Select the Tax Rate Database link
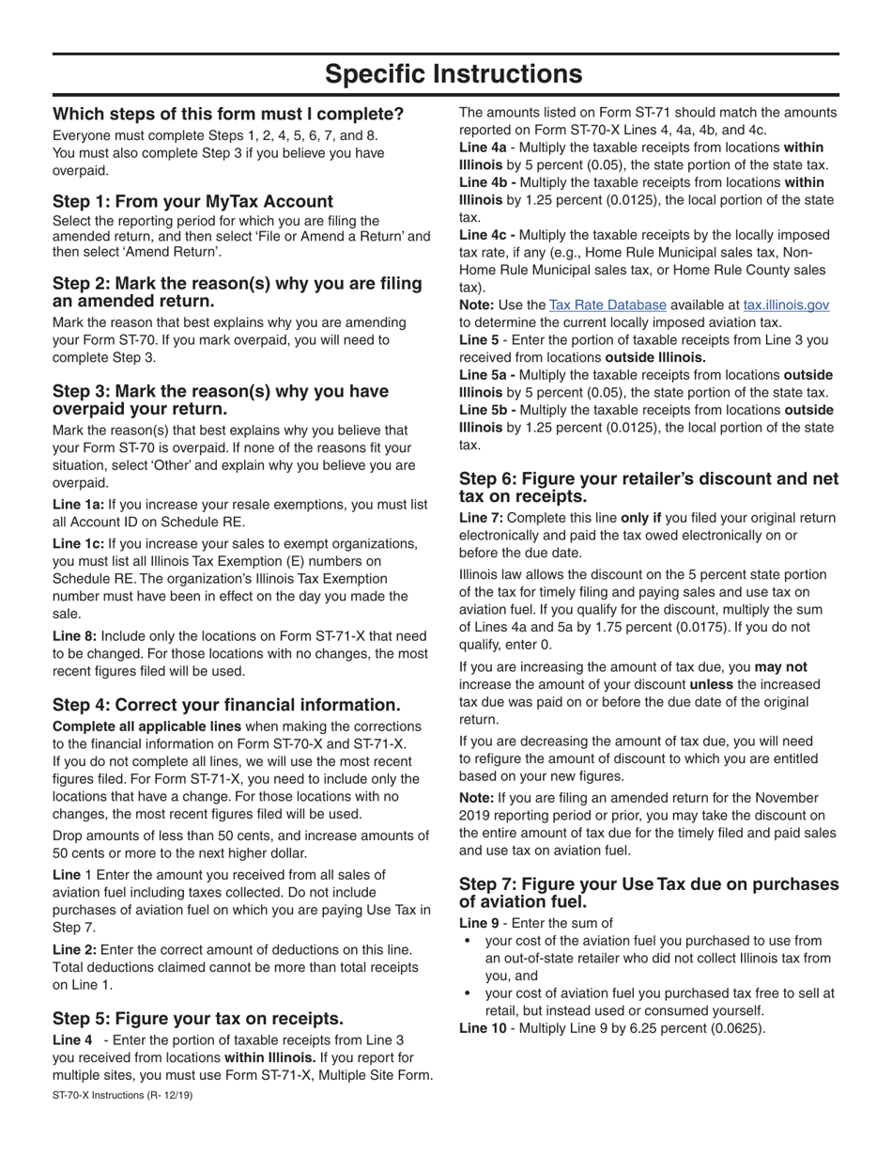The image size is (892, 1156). click(x=607, y=305)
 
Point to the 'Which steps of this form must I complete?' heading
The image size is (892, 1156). click(x=228, y=114)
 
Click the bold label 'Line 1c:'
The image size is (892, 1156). click(x=78, y=544)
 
